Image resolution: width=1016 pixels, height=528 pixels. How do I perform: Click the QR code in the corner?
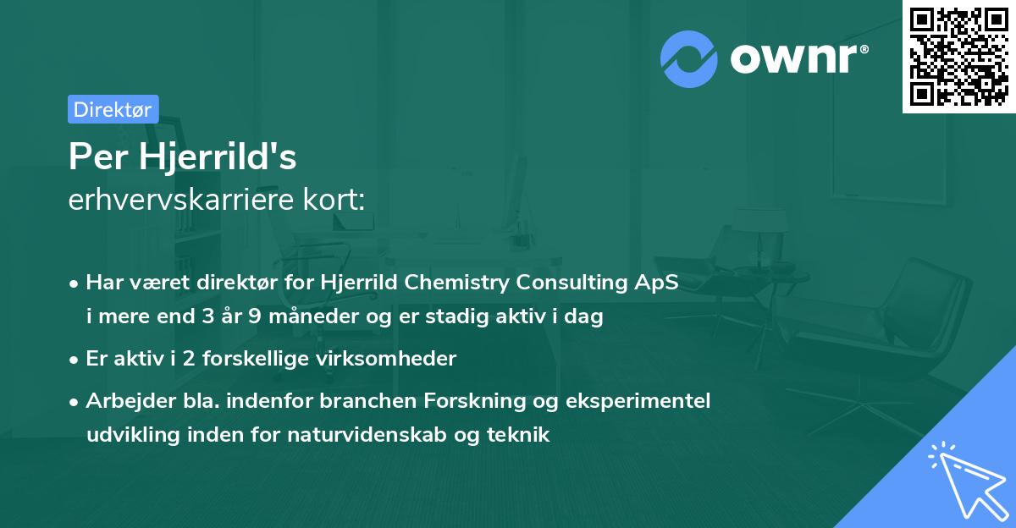coord(959,57)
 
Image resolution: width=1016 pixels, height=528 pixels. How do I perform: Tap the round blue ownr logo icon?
coord(688,58)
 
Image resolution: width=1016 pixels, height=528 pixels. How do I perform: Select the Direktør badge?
coord(113,109)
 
